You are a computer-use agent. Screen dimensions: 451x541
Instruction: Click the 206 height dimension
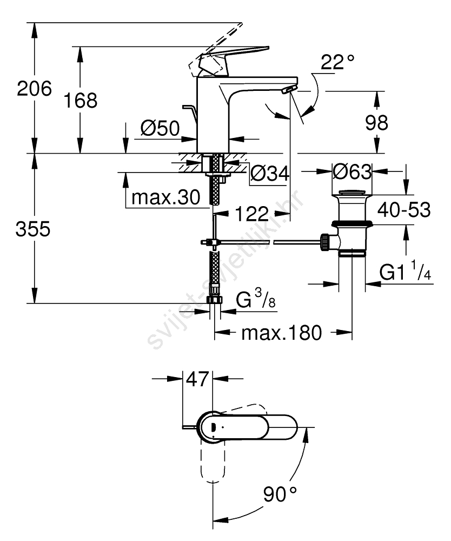35,89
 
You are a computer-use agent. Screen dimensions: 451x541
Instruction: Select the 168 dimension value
81,101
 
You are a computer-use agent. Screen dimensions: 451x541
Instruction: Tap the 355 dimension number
33,229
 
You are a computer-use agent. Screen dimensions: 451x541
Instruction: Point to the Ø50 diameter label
160,128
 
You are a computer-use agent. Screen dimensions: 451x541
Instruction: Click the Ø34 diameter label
270,173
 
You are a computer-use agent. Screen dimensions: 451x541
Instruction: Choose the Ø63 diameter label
353,171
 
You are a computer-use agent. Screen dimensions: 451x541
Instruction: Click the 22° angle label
337,62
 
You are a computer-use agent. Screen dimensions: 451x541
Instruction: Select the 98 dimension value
376,122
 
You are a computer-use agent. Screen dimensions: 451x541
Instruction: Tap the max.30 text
166,197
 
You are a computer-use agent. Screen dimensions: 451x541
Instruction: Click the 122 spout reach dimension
251,214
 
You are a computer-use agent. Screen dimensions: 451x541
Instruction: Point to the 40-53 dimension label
404,210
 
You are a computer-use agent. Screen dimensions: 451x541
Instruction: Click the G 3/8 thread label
256,299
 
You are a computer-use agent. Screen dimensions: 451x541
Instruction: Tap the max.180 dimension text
282,333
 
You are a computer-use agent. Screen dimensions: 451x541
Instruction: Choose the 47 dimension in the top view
197,379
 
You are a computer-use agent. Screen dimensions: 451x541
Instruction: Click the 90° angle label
280,494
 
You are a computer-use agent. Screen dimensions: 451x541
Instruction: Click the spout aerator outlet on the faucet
288,90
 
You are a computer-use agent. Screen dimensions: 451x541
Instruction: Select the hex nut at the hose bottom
215,300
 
